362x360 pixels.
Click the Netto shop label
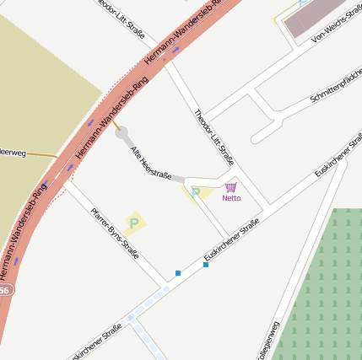coord(231,198)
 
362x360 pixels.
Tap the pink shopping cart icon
coord(230,186)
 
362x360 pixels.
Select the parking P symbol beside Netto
coord(196,194)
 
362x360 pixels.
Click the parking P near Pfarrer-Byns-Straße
coord(133,223)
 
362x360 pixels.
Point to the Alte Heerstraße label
coord(151,163)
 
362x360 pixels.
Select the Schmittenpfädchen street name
coord(336,87)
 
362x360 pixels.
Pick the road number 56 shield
coord(5,290)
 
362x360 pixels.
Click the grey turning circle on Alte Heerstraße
coord(122,133)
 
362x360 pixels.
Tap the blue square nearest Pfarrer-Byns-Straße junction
coord(177,273)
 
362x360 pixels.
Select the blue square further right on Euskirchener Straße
coord(206,265)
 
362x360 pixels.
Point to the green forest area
coord(321,287)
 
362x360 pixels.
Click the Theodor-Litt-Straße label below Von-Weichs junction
coord(213,136)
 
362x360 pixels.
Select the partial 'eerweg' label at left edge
coord(14,153)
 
